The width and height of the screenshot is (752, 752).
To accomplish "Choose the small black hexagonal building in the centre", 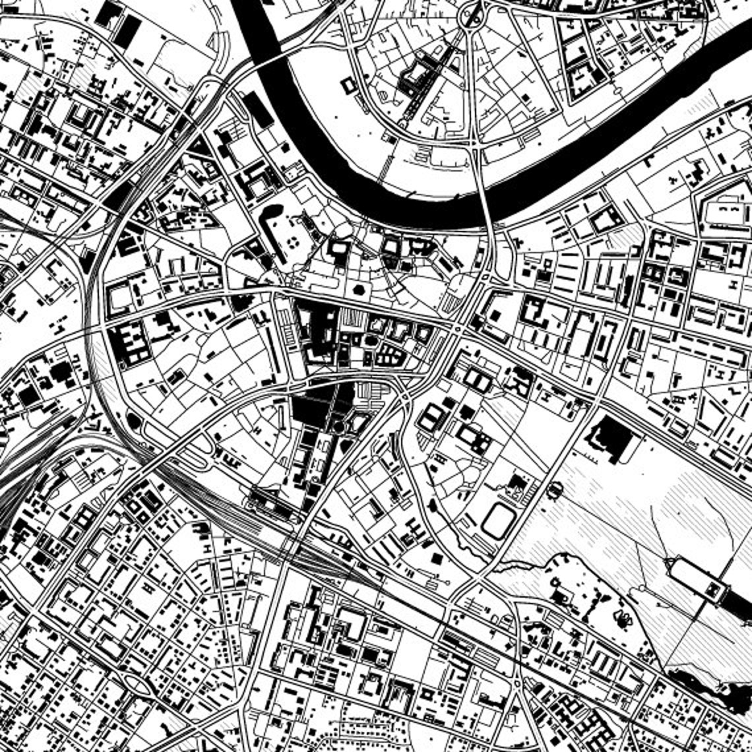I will [360, 289].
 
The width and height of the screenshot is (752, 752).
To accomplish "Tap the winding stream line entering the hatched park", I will [521, 564].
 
